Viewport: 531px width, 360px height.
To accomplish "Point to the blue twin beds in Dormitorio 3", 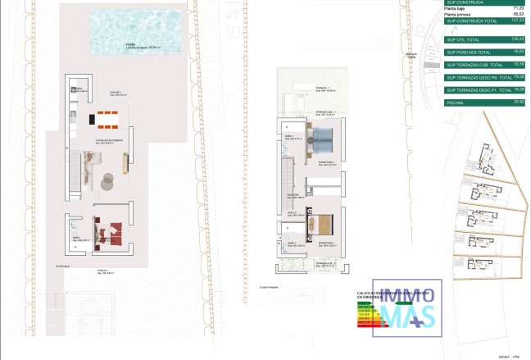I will tap(322, 139).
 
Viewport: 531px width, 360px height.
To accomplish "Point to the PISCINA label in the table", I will tap(456, 103).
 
